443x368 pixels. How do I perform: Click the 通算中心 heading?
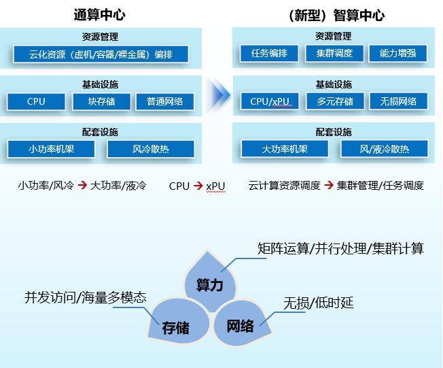(x=99, y=14)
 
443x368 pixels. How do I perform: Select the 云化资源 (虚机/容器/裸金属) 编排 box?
(x=100, y=54)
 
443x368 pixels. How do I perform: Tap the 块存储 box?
(x=101, y=101)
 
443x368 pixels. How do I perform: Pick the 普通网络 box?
(x=164, y=101)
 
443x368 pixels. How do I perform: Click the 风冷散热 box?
(x=150, y=149)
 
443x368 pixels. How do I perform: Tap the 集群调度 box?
(x=330, y=54)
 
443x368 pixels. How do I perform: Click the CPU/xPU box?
(x=270, y=101)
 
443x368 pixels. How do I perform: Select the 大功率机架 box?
(x=285, y=149)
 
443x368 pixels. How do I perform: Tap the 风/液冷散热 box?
(x=385, y=149)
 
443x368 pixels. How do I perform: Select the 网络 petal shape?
(x=241, y=324)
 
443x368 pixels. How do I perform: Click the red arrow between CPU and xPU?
(x=198, y=185)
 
